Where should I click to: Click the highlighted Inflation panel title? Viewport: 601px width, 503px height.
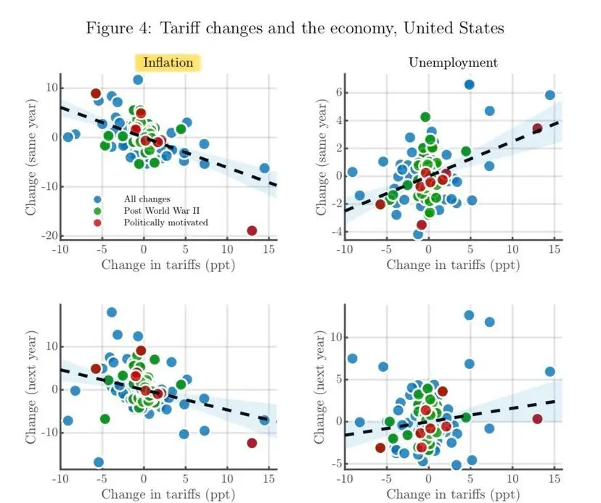tap(168, 62)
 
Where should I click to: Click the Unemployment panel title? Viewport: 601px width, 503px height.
tap(453, 62)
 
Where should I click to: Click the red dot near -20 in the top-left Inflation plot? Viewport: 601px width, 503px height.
tap(252, 230)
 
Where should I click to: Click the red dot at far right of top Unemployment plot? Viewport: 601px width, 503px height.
tap(537, 128)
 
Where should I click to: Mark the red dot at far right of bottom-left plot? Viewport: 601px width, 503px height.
tap(252, 443)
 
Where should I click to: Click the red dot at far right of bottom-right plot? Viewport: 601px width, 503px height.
tap(537, 419)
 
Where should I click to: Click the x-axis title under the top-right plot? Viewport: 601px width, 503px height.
tap(453, 265)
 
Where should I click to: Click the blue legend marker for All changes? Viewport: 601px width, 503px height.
tap(98, 198)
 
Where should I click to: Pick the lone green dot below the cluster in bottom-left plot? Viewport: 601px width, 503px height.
tap(105, 419)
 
